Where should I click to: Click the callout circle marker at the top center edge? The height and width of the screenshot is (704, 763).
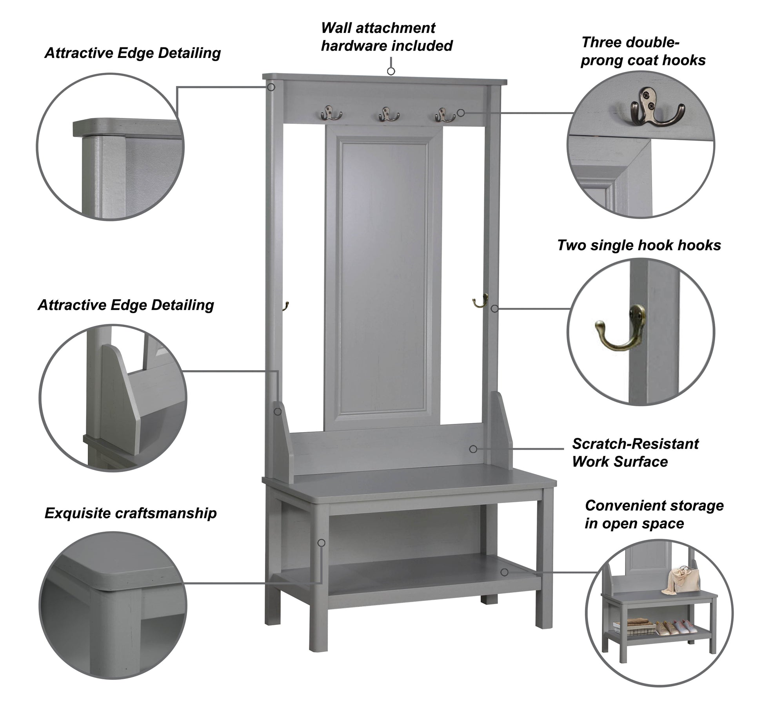391,71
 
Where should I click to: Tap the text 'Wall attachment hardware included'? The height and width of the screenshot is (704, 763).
386,37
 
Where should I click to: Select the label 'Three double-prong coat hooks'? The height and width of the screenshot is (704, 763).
643,51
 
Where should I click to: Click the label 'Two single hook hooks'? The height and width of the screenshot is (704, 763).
639,245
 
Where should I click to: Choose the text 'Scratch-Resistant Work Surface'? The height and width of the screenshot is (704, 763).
635,452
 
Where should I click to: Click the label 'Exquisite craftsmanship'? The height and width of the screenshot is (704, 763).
131,513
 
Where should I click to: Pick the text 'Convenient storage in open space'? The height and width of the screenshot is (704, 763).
654,514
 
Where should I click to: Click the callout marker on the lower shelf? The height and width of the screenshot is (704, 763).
505,572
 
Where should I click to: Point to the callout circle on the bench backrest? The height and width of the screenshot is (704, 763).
473,449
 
